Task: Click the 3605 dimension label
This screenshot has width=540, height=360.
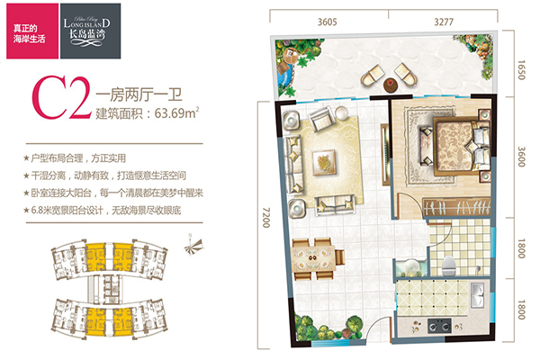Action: pyautogui.click(x=327, y=22)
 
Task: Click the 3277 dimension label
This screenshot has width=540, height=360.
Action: pyautogui.click(x=444, y=22)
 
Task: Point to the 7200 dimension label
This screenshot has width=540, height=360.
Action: pyautogui.click(x=265, y=218)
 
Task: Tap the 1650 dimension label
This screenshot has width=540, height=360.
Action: pyautogui.click(x=522, y=70)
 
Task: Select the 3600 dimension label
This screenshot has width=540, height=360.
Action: pyautogui.click(x=522, y=157)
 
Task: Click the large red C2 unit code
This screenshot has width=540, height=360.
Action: pyautogui.click(x=62, y=97)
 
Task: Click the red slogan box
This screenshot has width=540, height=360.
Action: pyautogui.click(x=32, y=31)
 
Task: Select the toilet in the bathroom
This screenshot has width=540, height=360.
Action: pyautogui.click(x=449, y=265)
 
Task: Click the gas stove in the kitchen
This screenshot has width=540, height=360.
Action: pyautogui.click(x=439, y=325)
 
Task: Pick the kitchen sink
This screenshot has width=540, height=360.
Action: pyautogui.click(x=477, y=295)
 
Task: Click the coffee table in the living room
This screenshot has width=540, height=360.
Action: pyautogui.click(x=324, y=162)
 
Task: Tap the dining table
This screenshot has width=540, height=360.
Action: pyautogui.click(x=313, y=258)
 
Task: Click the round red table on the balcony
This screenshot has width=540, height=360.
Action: pyautogui.click(x=390, y=85)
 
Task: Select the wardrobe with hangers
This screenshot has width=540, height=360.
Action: pyautogui.click(x=456, y=207)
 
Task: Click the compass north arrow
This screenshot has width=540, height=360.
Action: pyautogui.click(x=193, y=246)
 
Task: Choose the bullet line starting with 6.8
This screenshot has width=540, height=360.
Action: pyautogui.click(x=103, y=210)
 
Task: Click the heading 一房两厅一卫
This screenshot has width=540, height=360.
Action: pyautogui.click(x=139, y=94)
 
